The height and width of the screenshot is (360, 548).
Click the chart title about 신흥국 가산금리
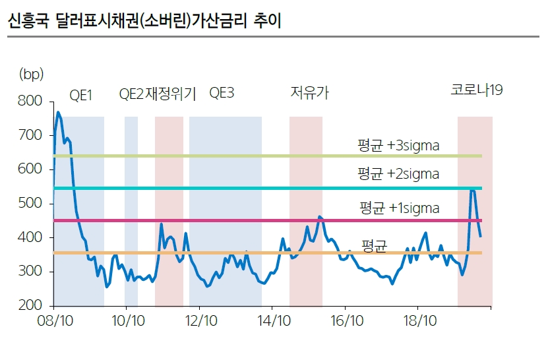143,21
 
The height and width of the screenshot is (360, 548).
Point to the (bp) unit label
31,74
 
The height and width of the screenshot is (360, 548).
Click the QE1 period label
80,94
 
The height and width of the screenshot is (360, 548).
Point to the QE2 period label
131,94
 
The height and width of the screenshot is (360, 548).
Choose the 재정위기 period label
170,94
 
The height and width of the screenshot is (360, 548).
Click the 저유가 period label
309,94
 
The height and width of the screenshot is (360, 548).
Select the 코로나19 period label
477,90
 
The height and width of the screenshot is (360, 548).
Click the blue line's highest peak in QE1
58,113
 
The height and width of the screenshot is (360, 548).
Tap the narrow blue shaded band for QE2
131,211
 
